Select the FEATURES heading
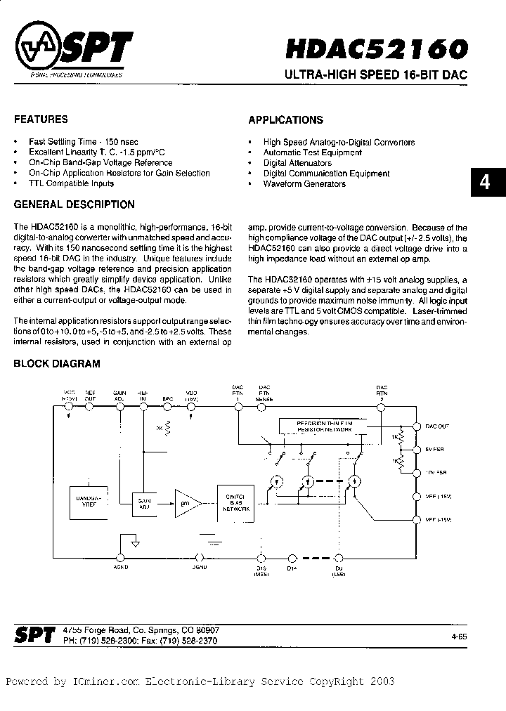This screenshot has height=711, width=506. point(41,119)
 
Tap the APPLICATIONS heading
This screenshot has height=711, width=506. point(286,120)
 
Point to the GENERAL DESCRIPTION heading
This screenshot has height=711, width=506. point(74,205)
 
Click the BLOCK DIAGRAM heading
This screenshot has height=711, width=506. point(57,364)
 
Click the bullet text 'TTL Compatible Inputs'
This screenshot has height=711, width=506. point(71,183)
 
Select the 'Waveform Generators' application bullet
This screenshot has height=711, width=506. point(304,184)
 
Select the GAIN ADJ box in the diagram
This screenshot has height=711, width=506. point(145,502)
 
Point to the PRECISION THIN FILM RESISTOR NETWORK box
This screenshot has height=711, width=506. point(323,425)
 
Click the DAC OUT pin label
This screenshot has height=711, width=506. point(438,426)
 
